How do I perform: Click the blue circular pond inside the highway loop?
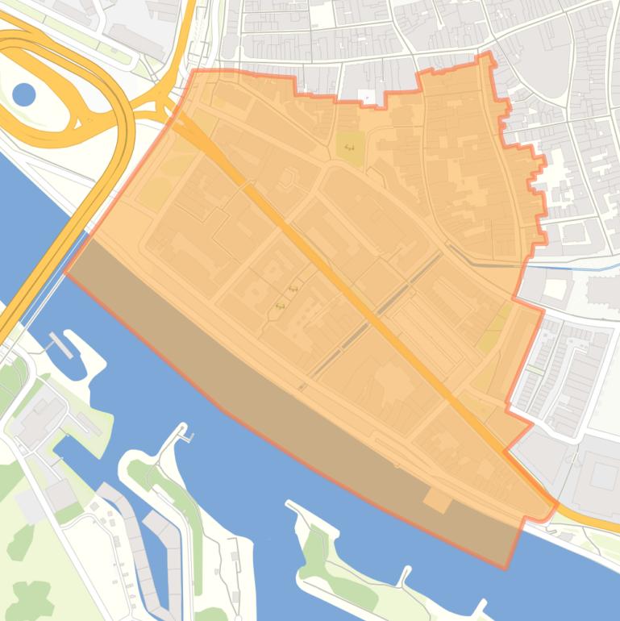pyautogui.click(x=24, y=95)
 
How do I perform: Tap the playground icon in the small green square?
pyautogui.click(x=348, y=148)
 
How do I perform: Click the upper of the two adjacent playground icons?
pyautogui.click(x=293, y=289)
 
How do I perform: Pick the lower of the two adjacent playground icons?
pyautogui.click(x=281, y=306)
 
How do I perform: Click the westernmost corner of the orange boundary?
pyautogui.click(x=65, y=272)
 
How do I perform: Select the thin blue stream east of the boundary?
pyautogui.click(x=580, y=265)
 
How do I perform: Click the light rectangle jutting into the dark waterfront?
pyautogui.click(x=438, y=500)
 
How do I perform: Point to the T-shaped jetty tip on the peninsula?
pyautogui.click(x=186, y=435)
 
